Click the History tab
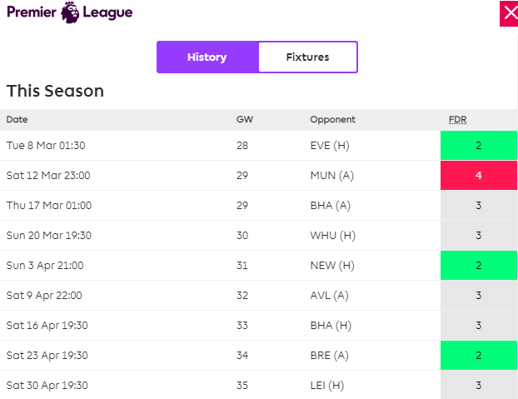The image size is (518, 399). click(207, 57)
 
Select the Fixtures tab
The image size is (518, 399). click(307, 57)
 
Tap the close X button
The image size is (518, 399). click(508, 14)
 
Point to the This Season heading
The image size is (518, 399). click(56, 91)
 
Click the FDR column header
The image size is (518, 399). click(458, 119)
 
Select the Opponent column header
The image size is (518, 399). click(332, 119)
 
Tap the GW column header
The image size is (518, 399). click(245, 119)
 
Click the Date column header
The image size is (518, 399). click(17, 119)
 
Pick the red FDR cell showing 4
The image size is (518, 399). click(478, 176)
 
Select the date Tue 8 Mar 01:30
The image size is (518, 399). click(46, 146)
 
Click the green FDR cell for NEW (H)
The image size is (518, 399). click(478, 266)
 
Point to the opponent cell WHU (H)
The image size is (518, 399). click(332, 236)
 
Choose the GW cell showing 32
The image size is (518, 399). click(242, 296)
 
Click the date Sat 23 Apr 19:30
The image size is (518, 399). click(47, 356)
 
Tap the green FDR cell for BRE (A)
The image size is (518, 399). click(478, 356)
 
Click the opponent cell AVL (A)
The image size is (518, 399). click(331, 296)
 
